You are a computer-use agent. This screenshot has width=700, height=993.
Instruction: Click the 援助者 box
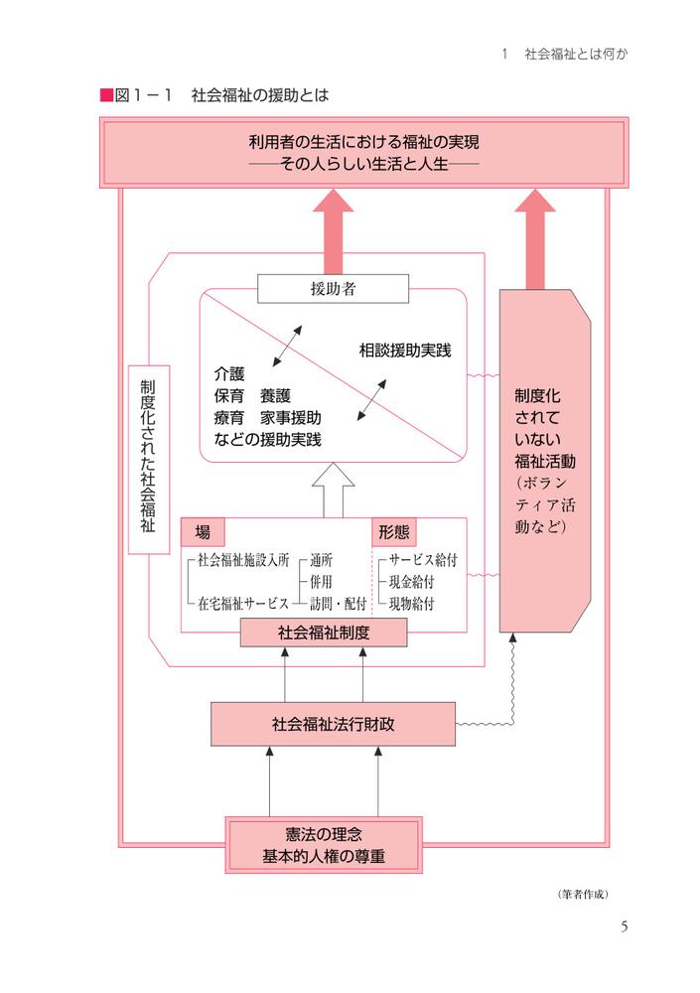click(333, 289)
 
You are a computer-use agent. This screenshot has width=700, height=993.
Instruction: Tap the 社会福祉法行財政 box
click(333, 724)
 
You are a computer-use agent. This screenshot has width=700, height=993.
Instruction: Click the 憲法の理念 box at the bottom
click(324, 845)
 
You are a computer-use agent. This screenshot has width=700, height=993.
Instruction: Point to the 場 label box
click(203, 531)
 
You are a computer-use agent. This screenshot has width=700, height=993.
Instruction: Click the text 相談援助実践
click(405, 350)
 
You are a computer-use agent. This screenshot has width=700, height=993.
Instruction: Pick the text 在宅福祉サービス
click(242, 603)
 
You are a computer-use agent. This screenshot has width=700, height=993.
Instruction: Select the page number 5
click(624, 926)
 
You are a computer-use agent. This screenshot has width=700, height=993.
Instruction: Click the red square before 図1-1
click(106, 95)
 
